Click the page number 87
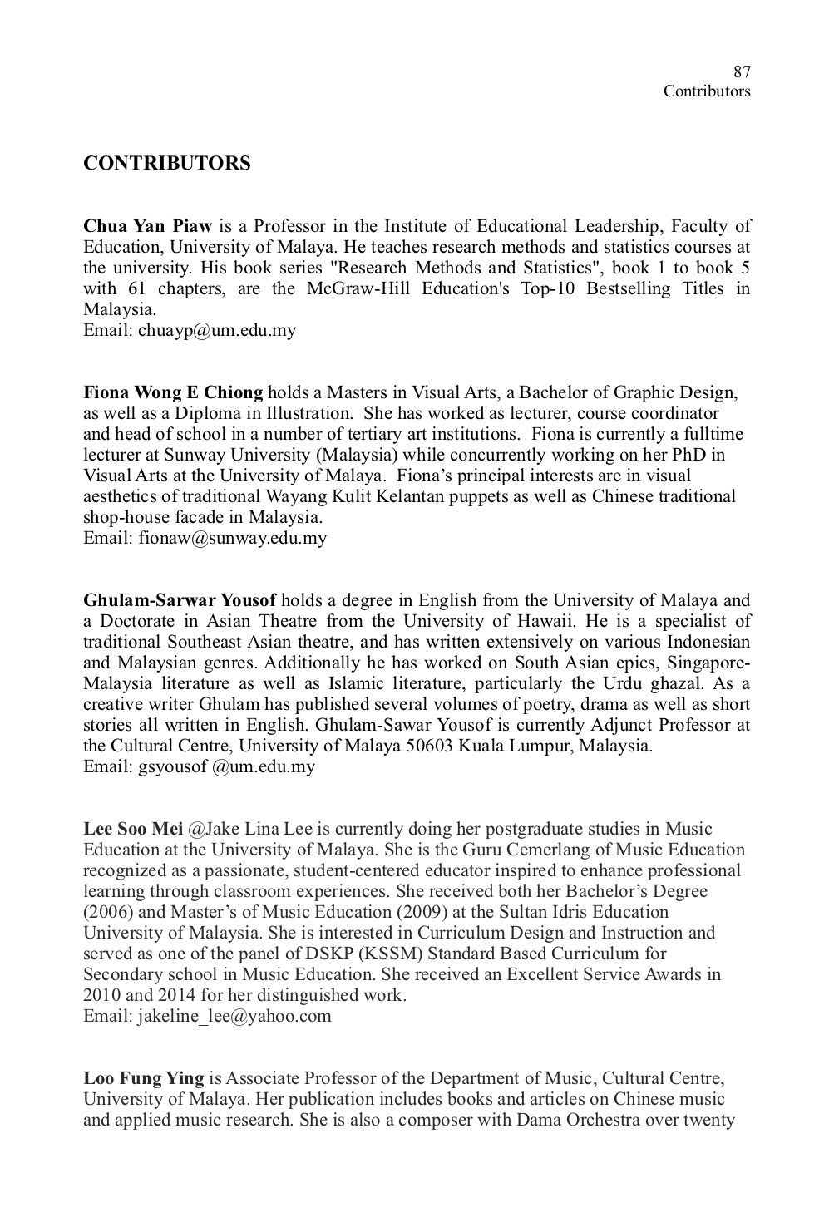coord(743,71)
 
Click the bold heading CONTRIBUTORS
coord(166,163)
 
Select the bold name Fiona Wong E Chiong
coord(173,392)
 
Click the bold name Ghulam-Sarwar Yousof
coord(180,600)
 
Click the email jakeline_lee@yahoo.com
coord(234,1016)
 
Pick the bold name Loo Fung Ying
coord(143,1078)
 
